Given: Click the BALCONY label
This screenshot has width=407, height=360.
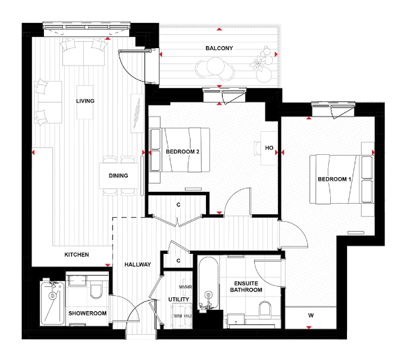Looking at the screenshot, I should [x=219, y=48].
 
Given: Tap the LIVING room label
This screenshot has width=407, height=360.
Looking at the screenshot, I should [x=85, y=101].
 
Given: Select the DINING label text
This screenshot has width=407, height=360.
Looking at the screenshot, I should [x=118, y=175].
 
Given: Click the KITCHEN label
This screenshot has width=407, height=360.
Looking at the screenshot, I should [x=77, y=255].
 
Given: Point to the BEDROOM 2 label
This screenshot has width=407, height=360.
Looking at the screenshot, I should [x=183, y=151].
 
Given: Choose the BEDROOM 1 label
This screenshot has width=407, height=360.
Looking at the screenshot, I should [x=334, y=179].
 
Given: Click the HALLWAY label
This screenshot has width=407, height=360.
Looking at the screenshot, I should [x=138, y=264].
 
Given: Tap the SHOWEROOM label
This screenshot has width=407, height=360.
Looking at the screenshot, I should [x=87, y=313].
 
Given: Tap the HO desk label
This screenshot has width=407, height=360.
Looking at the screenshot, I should [x=269, y=148].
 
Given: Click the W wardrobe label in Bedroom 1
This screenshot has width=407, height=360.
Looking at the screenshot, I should [x=310, y=316].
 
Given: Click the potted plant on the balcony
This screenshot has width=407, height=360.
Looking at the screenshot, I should [x=262, y=60].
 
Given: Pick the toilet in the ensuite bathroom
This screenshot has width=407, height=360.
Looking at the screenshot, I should [x=265, y=309].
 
